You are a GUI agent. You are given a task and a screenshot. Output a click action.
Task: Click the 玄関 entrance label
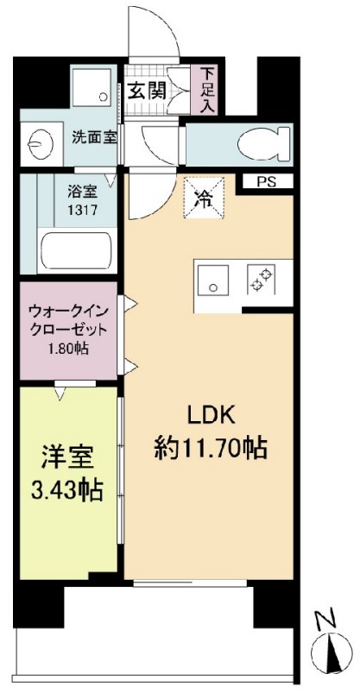149,90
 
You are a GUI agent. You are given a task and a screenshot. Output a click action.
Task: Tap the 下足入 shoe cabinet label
208,89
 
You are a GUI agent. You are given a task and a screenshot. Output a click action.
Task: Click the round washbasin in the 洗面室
40,141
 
